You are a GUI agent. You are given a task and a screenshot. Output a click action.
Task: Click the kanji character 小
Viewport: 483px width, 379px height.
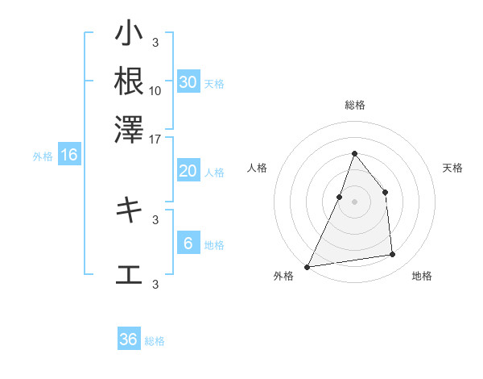pyautogui.click(x=129, y=34)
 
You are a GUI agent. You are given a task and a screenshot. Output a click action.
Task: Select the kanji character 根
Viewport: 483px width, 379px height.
pyautogui.click(x=129, y=81)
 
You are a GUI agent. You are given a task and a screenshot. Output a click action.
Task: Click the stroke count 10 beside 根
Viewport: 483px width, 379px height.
pyautogui.click(x=155, y=90)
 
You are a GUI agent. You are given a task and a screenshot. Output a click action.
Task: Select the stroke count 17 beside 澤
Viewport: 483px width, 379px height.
pyautogui.click(x=155, y=138)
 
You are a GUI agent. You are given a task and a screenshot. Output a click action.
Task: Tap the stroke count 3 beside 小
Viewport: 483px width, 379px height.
pyautogui.click(x=155, y=42)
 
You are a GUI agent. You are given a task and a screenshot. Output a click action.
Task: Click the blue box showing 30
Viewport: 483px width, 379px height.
pyautogui.click(x=188, y=82)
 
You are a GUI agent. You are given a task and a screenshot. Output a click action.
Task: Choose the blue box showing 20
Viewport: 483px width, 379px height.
pyautogui.click(x=188, y=171)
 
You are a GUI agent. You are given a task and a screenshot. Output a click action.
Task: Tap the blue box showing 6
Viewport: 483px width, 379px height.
pyautogui.click(x=188, y=244)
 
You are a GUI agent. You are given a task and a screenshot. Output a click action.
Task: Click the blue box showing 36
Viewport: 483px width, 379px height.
pyautogui.click(x=129, y=339)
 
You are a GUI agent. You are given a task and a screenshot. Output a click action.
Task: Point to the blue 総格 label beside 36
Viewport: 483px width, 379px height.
pyautogui.click(x=155, y=341)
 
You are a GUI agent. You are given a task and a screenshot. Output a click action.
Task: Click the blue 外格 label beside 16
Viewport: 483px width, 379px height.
pyautogui.click(x=43, y=156)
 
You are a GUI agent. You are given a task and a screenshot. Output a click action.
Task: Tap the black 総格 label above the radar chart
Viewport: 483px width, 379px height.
pyautogui.click(x=354, y=105)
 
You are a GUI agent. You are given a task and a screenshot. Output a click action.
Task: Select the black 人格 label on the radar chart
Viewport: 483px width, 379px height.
pyautogui.click(x=258, y=168)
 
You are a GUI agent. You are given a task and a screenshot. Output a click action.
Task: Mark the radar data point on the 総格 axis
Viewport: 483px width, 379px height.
pyautogui.click(x=354, y=153)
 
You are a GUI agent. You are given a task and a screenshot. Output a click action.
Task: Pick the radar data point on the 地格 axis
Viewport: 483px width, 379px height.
pyautogui.click(x=393, y=255)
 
